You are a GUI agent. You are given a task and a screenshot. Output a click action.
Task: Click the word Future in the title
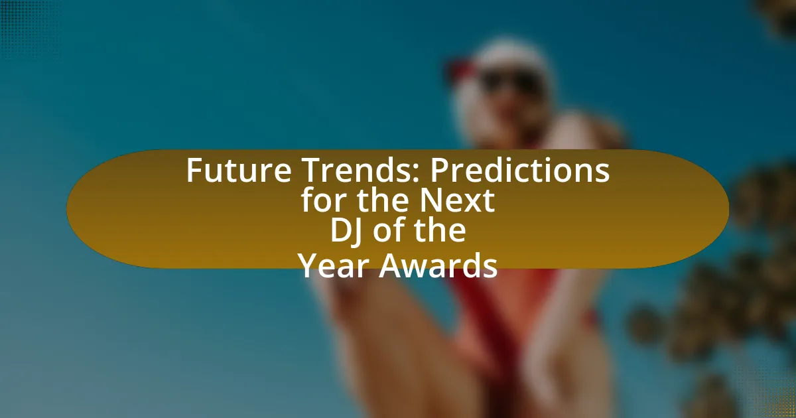(x=239, y=171)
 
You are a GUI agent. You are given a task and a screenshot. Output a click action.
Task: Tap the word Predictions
(x=520, y=171)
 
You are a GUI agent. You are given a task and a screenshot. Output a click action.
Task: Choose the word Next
(x=457, y=200)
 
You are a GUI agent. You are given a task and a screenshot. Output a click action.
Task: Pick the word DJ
(x=346, y=231)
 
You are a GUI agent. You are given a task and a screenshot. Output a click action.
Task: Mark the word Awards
(x=438, y=265)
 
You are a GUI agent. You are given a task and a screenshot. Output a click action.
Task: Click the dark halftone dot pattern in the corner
(x=29, y=29)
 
